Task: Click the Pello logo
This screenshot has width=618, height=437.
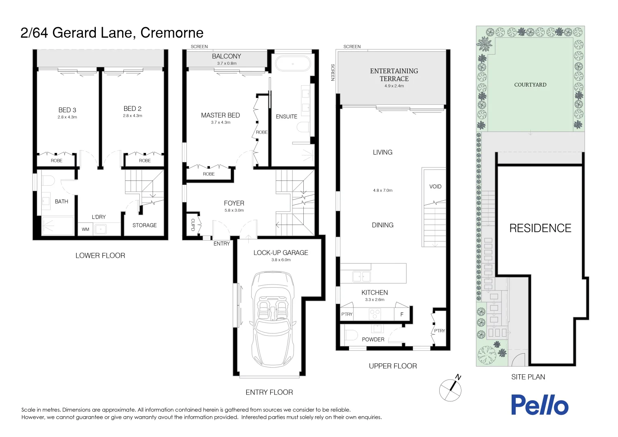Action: pos(540,405)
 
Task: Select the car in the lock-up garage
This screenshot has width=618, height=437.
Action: pos(272,320)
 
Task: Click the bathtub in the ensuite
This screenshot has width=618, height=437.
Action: pos(293,64)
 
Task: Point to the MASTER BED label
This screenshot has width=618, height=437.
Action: pos(220,115)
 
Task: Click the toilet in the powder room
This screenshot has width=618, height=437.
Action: pos(351,335)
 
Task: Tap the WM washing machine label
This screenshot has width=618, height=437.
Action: pos(85,229)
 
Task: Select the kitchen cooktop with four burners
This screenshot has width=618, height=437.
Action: pos(375,313)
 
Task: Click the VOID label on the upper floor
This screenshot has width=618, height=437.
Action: pos(435,187)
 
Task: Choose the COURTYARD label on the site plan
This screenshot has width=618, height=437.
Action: pos(530,85)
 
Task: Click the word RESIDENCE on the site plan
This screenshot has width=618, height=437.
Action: pos(540,228)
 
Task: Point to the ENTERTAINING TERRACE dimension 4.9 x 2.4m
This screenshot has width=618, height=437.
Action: pos(394,86)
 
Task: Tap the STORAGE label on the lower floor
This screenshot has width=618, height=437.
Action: pos(144,225)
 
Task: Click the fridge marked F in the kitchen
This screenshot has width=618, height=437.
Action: pos(402,314)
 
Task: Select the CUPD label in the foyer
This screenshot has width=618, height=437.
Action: pos(193,225)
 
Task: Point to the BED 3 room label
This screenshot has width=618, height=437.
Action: pos(67,110)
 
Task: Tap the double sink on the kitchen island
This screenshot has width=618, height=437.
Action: pos(362,277)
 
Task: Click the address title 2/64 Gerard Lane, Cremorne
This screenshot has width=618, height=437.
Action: pos(112,33)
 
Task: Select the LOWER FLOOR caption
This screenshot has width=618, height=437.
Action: pos(100,256)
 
